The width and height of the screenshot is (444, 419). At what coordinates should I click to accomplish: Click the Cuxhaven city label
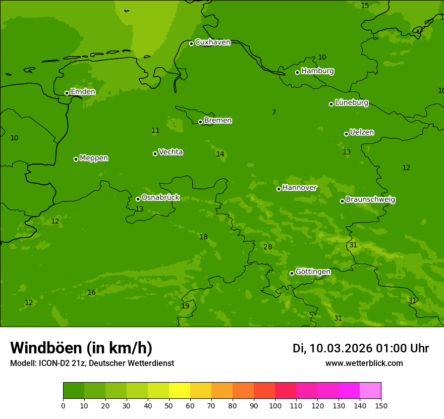(212, 42)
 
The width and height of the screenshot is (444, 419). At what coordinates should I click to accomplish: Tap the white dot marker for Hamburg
(298, 72)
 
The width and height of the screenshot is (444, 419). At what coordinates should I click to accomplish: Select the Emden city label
(83, 92)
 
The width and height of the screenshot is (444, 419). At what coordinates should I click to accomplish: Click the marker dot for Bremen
(200, 122)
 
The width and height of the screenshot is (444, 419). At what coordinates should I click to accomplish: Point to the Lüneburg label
(352, 103)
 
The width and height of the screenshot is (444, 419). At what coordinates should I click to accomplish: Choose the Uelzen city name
(362, 133)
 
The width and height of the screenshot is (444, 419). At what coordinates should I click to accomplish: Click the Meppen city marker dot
(76, 159)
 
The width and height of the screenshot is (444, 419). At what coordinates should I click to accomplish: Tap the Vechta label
(171, 152)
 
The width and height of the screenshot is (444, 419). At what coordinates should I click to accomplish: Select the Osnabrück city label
(160, 198)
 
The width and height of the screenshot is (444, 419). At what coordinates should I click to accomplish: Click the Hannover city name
(299, 188)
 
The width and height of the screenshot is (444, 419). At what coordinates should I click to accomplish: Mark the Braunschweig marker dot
(342, 201)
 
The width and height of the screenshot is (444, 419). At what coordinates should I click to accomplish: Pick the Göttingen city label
(313, 272)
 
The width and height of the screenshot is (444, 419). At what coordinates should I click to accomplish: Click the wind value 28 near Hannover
(268, 247)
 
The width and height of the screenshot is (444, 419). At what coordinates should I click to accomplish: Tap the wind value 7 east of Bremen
(274, 113)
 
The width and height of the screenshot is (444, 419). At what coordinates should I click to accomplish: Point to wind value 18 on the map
(203, 237)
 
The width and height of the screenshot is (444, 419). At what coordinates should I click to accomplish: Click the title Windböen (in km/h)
(81, 348)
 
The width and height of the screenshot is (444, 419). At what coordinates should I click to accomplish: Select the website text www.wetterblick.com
(364, 363)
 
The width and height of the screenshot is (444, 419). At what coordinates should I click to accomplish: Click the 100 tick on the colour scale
(275, 405)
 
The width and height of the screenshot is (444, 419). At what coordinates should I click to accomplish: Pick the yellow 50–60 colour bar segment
(180, 391)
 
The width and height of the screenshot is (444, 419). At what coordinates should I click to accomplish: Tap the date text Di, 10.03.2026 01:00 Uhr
(361, 348)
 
